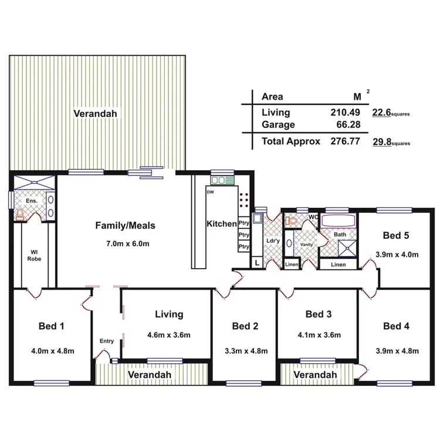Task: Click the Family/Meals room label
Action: click(x=125, y=225)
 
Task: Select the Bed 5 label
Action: click(x=395, y=236)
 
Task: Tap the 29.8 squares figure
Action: click(x=383, y=141)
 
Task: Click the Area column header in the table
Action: click(x=272, y=97)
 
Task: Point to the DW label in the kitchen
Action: click(x=210, y=192)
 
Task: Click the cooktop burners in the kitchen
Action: click(x=245, y=201)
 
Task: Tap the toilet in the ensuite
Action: click(x=21, y=215)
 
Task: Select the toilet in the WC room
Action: click(x=289, y=220)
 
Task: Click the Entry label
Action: click(x=107, y=341)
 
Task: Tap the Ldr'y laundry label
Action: click(x=272, y=241)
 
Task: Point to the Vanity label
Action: click(x=306, y=245)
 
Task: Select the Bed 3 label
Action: click(x=319, y=314)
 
